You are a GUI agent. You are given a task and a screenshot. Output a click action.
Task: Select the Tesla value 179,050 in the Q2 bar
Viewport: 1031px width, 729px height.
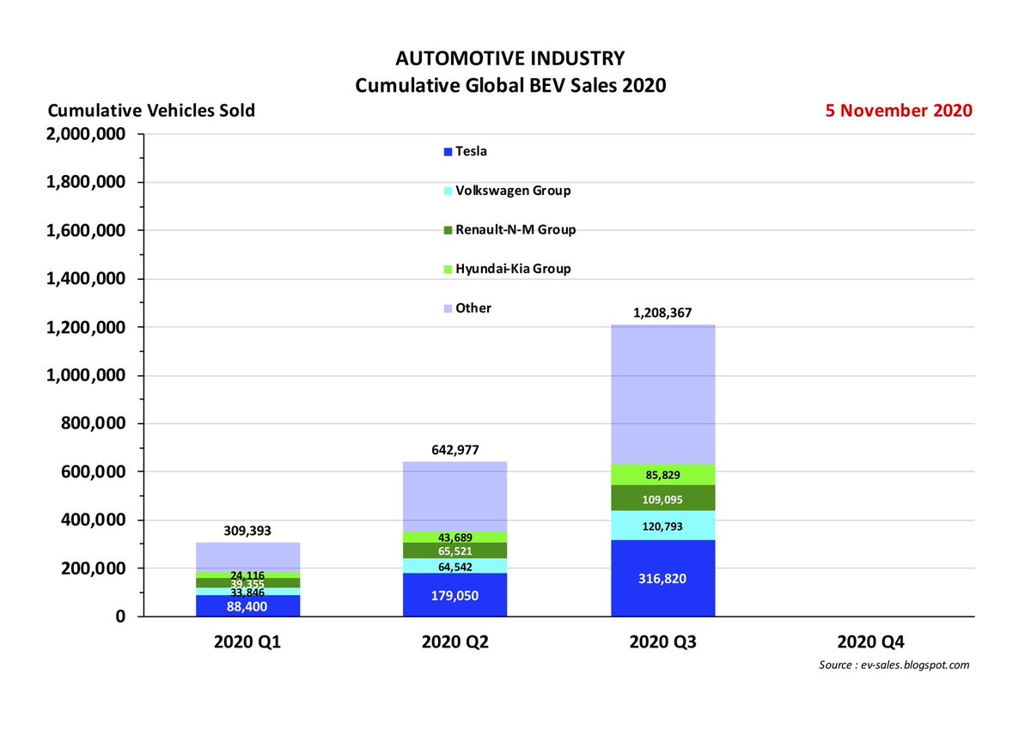pyautogui.click(x=454, y=595)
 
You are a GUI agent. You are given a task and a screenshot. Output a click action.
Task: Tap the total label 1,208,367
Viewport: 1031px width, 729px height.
pyautogui.click(x=663, y=314)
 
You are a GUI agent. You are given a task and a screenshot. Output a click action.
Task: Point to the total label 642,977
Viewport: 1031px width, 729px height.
pyautogui.click(x=454, y=448)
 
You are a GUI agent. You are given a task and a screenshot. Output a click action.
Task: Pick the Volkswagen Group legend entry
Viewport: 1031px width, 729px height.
pyautogui.click(x=512, y=191)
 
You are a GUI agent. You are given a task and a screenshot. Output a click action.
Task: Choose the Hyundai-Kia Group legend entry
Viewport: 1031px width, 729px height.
pyautogui.click(x=512, y=269)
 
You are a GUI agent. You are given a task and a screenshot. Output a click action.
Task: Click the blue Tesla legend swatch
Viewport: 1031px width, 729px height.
pyautogui.click(x=446, y=152)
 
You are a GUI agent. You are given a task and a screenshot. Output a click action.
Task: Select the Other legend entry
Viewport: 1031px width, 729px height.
pyautogui.click(x=473, y=308)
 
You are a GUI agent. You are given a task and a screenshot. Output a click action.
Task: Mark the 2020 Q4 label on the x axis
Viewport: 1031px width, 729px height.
pyautogui.click(x=871, y=642)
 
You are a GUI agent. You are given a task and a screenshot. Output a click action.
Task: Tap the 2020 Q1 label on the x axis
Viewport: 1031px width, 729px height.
pyautogui.click(x=247, y=642)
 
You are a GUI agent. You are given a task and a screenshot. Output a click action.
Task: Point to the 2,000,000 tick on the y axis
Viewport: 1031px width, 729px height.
pyautogui.click(x=85, y=135)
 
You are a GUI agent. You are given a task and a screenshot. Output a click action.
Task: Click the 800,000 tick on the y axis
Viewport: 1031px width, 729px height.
pyautogui.click(x=93, y=424)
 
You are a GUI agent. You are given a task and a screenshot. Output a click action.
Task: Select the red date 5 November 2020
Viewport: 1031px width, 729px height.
pyautogui.click(x=900, y=111)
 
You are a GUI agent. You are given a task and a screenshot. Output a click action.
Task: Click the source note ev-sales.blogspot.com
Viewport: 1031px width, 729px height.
pyautogui.click(x=894, y=665)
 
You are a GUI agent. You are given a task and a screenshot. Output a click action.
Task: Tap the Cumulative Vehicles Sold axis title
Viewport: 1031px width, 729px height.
pyautogui.click(x=151, y=112)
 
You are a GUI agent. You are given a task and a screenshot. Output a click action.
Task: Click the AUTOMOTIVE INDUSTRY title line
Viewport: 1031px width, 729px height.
pyautogui.click(x=510, y=59)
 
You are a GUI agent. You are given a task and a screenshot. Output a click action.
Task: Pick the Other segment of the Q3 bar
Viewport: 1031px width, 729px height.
pyautogui.click(x=662, y=395)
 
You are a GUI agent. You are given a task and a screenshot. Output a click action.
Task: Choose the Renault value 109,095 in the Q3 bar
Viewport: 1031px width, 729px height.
pyautogui.click(x=662, y=498)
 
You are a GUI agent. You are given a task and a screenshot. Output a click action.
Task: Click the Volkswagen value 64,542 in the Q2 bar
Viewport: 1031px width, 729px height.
pyautogui.click(x=454, y=567)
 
